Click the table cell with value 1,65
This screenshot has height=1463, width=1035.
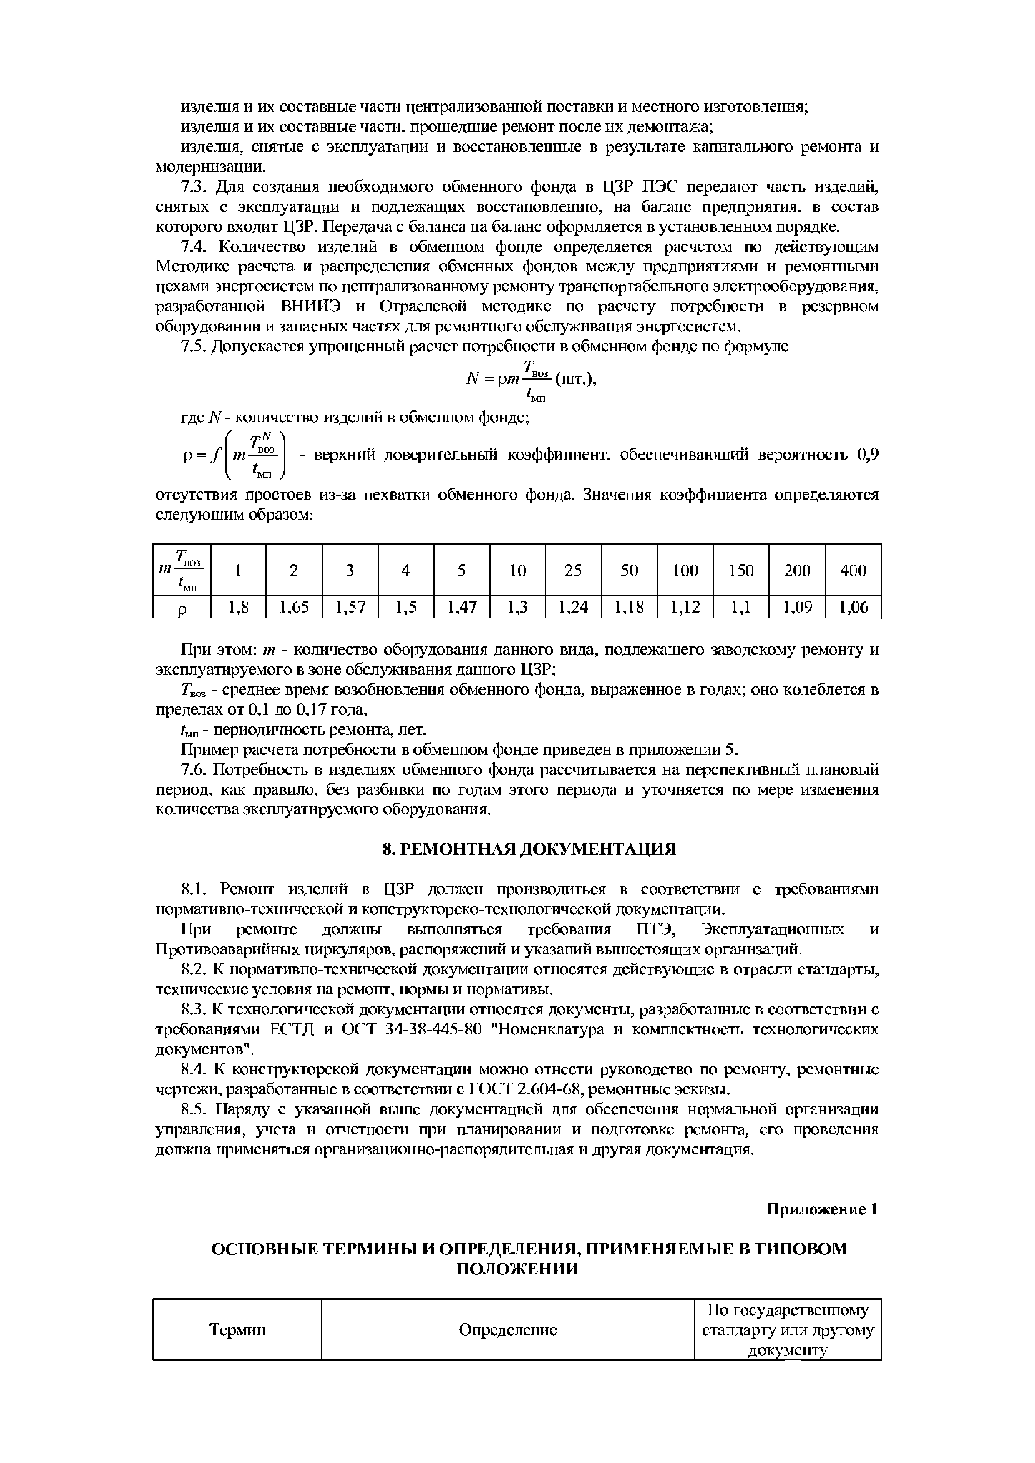(x=294, y=607)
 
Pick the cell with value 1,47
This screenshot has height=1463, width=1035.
(x=461, y=607)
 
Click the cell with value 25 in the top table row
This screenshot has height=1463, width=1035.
(x=573, y=570)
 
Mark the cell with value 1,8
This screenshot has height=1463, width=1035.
(x=238, y=607)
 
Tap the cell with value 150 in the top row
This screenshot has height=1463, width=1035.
(x=741, y=570)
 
